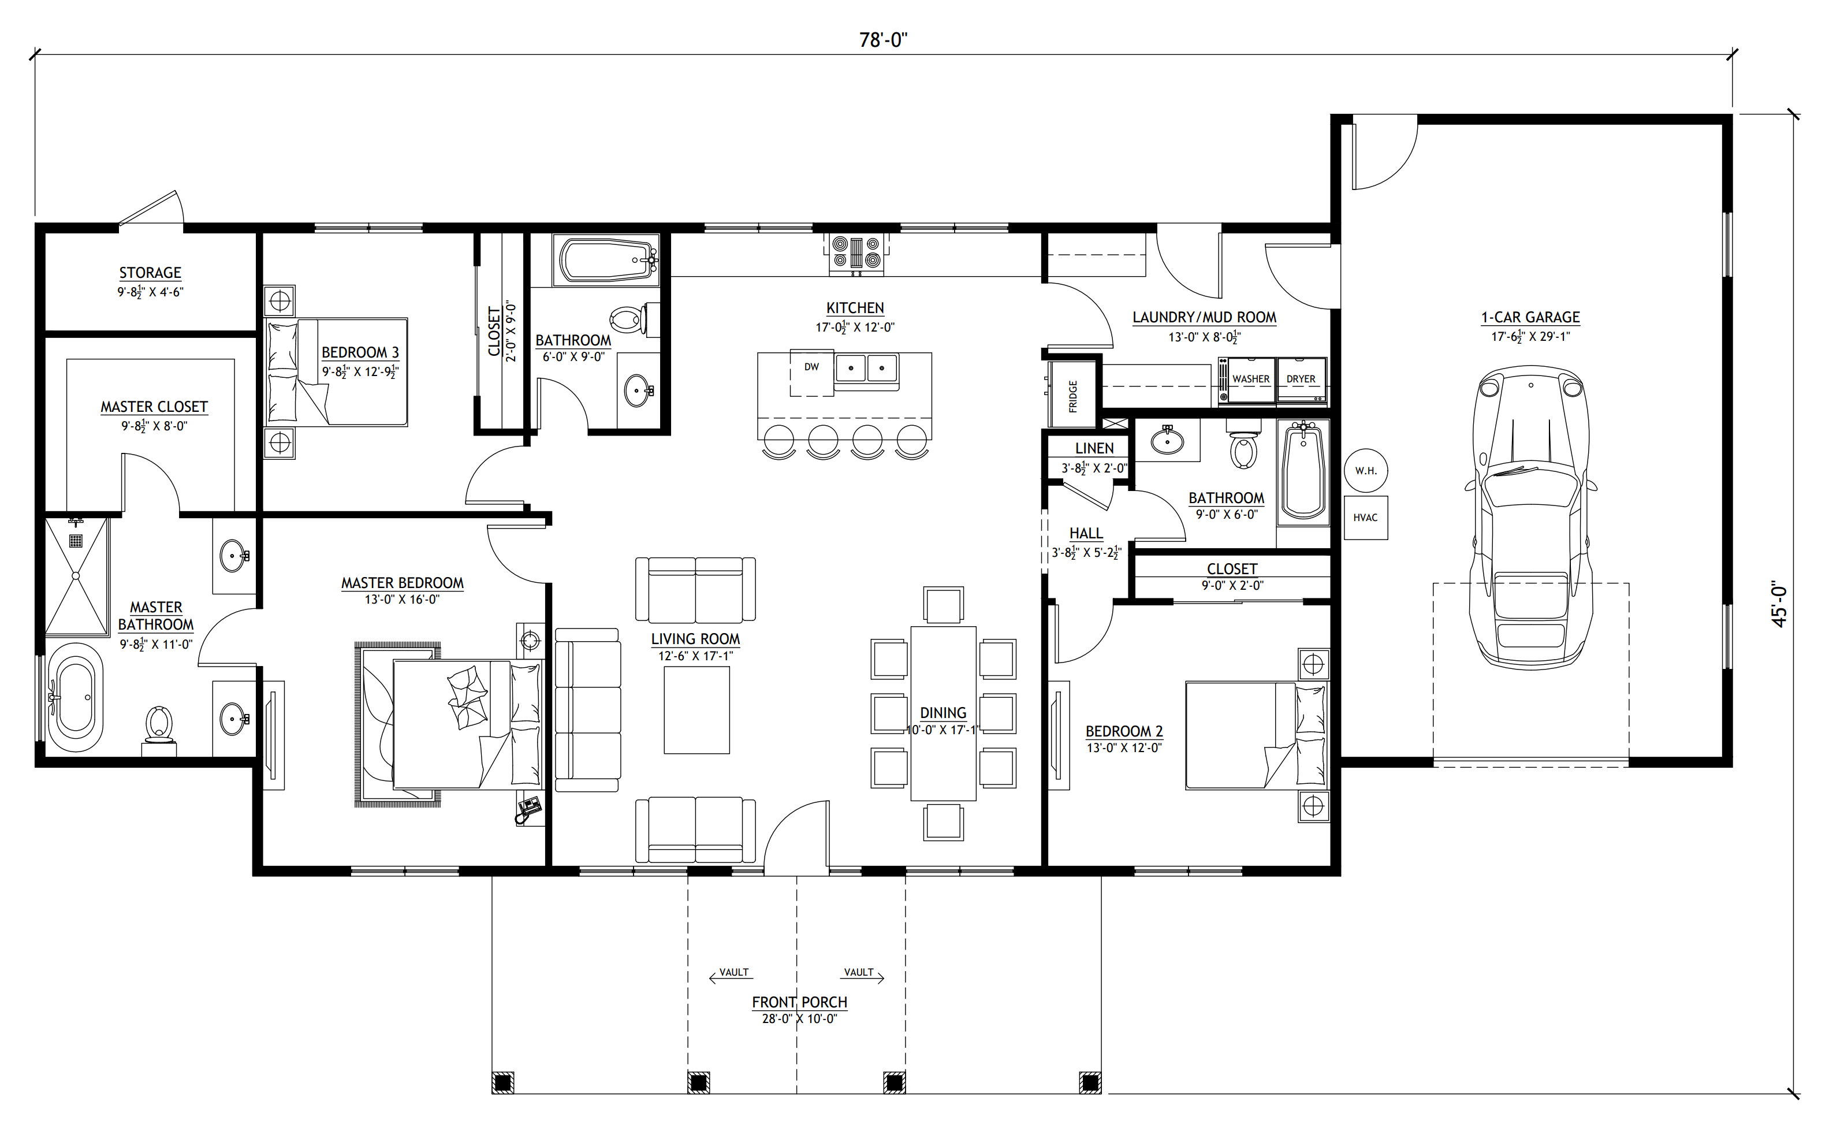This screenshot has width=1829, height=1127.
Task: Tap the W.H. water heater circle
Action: [1366, 471]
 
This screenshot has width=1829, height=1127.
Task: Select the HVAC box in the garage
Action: [1366, 517]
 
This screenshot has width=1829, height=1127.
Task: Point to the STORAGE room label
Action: [151, 273]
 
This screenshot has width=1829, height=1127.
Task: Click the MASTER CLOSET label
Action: [154, 407]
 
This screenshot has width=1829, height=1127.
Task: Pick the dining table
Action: [943, 713]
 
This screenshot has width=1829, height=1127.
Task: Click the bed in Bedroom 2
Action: [1256, 735]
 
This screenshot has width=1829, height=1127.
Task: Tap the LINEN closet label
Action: [1094, 448]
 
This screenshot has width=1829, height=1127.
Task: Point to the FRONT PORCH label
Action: [799, 1003]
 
